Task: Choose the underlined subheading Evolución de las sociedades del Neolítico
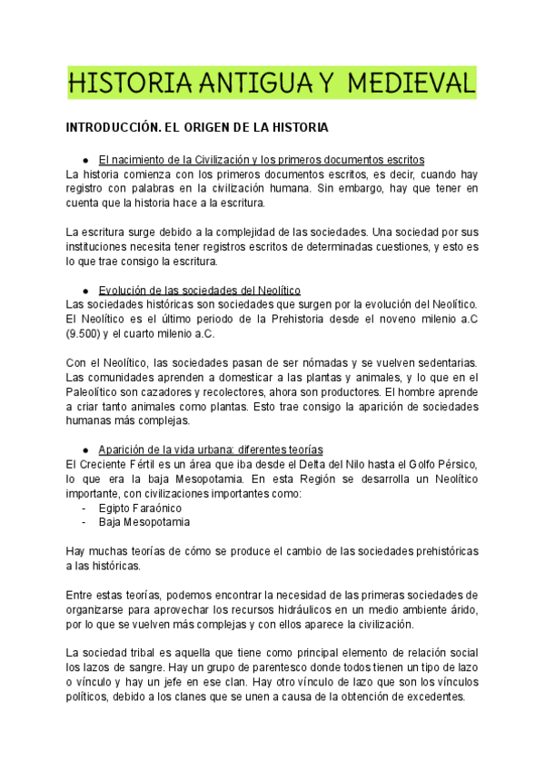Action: coord(201,290)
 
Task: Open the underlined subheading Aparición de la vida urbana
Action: coord(210,450)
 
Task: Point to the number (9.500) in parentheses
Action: coord(89,333)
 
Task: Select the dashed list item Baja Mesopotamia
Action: coord(145,523)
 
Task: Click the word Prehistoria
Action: coord(299,319)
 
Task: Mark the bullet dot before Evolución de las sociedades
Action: coord(84,291)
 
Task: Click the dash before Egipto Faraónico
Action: coord(84,508)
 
